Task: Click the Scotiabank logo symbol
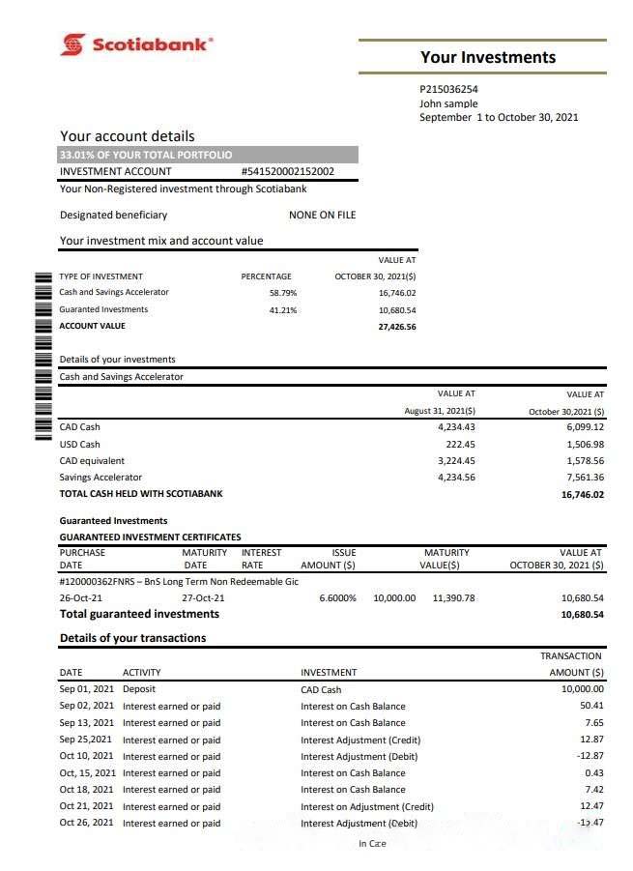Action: pos(72,44)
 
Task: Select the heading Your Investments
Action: pos(487,57)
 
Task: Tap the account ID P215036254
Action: pos(449,89)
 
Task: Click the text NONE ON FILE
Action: pos(322,215)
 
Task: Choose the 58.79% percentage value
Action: pos(283,293)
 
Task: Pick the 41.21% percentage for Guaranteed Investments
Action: pos(283,310)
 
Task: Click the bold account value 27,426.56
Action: pos(396,327)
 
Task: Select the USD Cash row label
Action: pos(79,444)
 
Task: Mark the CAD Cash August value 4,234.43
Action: pos(456,427)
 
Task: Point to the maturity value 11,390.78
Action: pos(453,597)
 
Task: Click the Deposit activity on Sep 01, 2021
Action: pos(139,689)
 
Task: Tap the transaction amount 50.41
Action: pos(590,707)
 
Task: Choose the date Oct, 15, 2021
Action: pos(87,773)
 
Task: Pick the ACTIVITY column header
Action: pos(141,673)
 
